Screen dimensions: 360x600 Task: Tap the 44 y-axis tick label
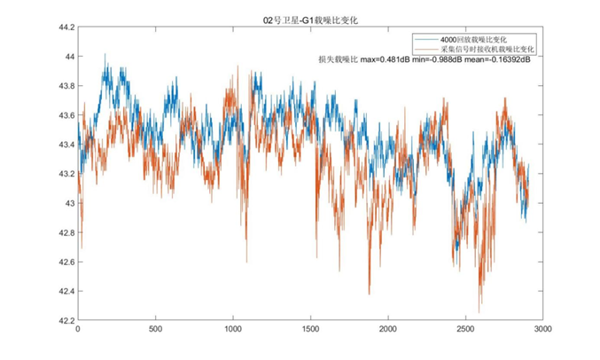67,57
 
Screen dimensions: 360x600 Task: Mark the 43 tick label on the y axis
67,203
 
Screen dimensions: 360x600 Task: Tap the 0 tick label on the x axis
78,329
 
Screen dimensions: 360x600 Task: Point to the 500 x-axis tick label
155,329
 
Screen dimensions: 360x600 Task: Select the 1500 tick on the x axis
310,329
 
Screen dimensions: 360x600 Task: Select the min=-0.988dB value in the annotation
442,61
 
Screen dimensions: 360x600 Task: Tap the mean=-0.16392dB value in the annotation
498,61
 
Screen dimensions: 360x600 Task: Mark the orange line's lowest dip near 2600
479,311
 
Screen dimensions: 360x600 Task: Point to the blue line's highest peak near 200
105,54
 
